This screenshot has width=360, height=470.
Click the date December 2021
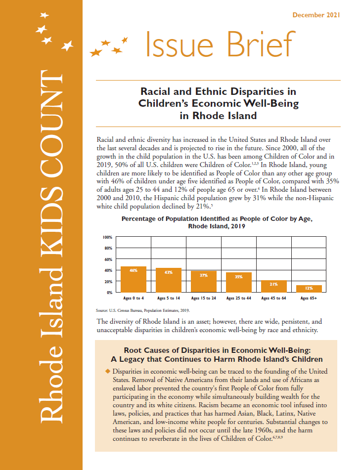(x=316, y=15)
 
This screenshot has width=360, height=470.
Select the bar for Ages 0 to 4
(x=133, y=279)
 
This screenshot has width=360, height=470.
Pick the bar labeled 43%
(x=169, y=280)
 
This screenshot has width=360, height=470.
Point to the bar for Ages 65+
(x=309, y=289)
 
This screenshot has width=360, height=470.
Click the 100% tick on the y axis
(x=107, y=237)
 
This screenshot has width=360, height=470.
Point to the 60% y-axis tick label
(x=108, y=259)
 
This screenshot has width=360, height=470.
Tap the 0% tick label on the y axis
(x=109, y=293)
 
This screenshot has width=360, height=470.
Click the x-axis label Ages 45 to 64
(x=273, y=299)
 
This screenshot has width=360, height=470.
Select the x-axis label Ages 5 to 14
(x=169, y=299)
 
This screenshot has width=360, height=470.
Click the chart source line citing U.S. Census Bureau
(x=143, y=310)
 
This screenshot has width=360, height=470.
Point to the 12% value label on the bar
(x=309, y=288)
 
